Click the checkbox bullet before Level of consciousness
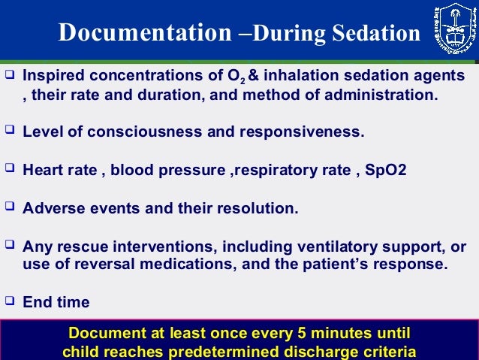pyautogui.click(x=10, y=131)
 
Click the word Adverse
pyautogui.click(x=50, y=208)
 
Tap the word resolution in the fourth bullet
pyautogui.click(x=260, y=208)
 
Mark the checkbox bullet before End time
pyautogui.click(x=10, y=301)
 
